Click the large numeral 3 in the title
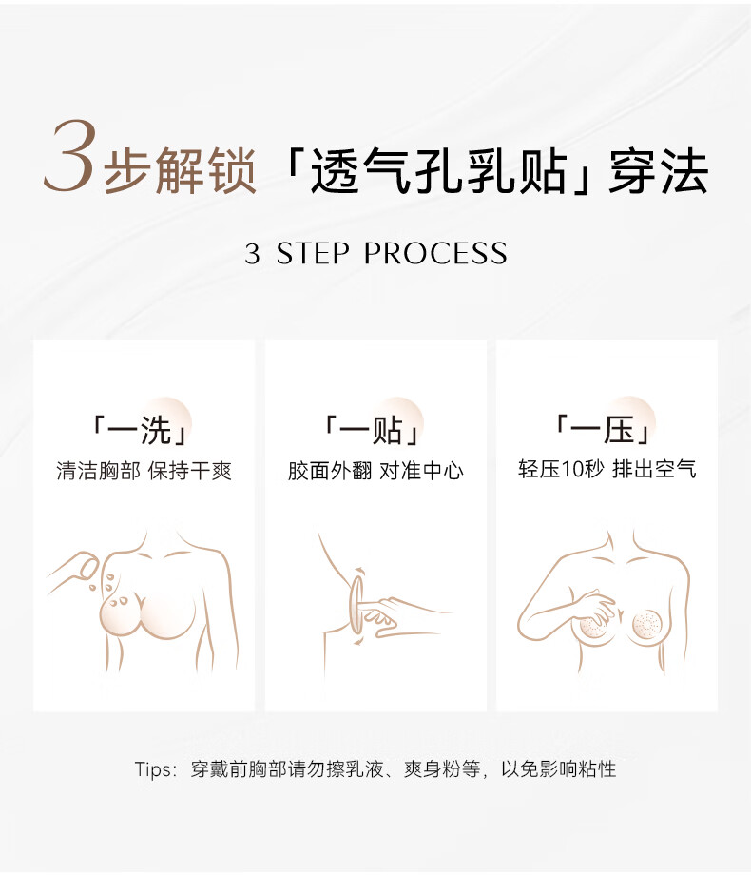coord(69,156)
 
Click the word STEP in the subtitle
coord(313,254)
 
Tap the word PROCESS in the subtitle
coord(435,254)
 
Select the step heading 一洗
coord(140,430)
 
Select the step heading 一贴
coord(372,430)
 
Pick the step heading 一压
coord(603,430)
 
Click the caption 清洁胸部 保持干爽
coord(144,471)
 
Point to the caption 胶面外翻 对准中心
coord(375,471)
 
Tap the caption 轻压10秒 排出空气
coord(607,469)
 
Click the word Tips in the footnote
coord(153,769)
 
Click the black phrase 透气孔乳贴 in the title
coord(438,170)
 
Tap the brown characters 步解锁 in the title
coord(180,170)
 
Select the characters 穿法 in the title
coord(659,170)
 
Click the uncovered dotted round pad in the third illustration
coord(647,626)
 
